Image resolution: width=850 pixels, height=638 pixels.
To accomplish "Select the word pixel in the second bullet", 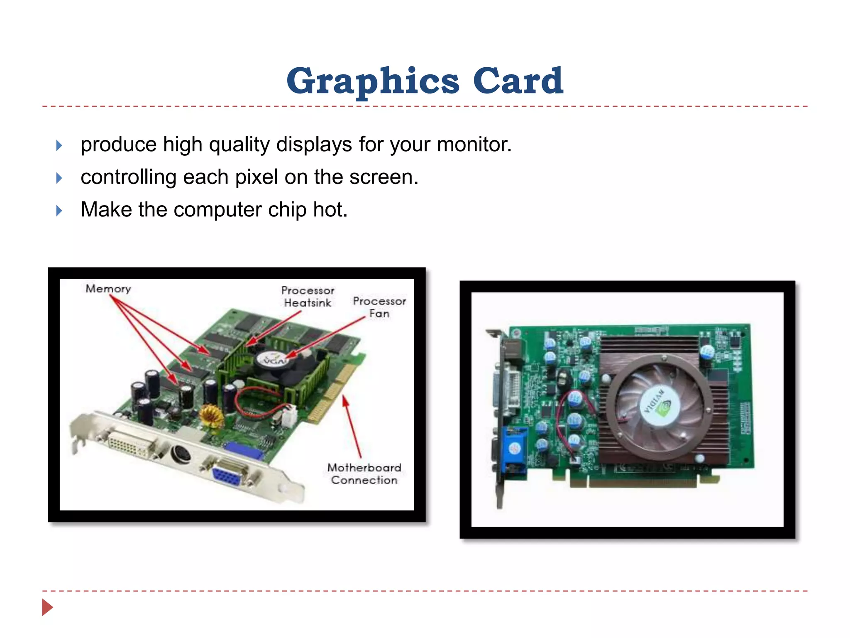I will coord(257,177).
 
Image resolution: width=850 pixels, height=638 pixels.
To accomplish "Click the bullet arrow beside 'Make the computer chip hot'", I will coord(59,210).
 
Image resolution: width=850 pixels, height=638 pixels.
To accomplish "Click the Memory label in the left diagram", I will coord(108,289).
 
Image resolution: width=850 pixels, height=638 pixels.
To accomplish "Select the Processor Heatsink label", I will coord(308,297).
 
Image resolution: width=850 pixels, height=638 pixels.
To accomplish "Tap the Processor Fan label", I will coord(379,307).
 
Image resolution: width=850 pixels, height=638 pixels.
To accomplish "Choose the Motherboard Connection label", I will coord(364,474).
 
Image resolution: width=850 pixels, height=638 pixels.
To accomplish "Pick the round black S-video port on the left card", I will coord(181,454).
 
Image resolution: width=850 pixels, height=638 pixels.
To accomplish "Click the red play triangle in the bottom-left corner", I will coord(47,607).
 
